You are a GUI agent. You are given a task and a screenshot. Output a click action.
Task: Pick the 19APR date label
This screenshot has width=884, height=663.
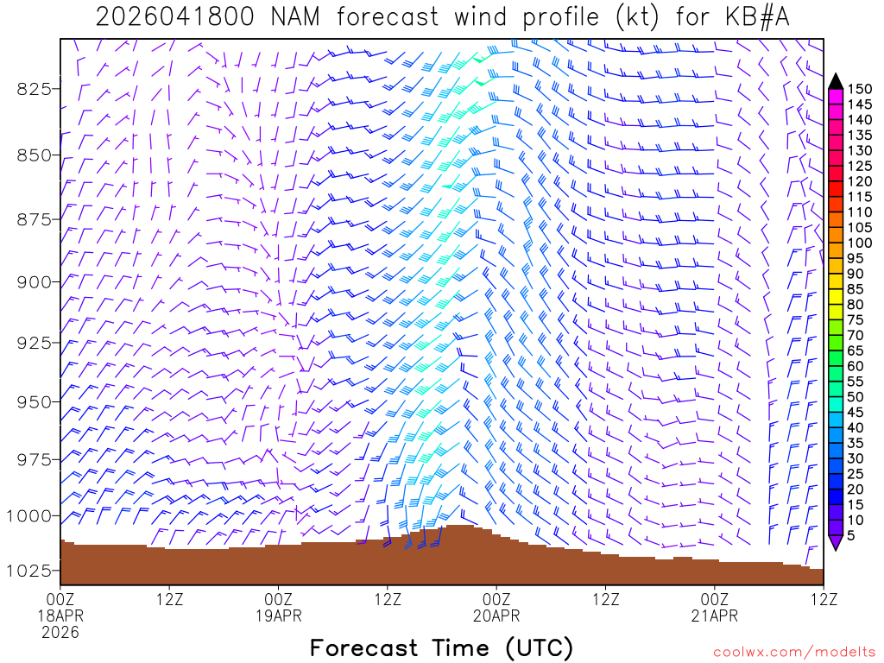[x=279, y=616]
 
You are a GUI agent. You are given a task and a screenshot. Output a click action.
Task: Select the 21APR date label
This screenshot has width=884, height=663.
[x=716, y=616]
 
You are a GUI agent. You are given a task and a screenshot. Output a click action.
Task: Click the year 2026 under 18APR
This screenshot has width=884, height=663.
[x=60, y=633]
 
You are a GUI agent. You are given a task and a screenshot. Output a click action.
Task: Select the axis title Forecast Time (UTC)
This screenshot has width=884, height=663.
[x=441, y=647]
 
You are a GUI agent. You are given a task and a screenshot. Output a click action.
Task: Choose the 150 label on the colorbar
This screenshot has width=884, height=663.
[x=860, y=89]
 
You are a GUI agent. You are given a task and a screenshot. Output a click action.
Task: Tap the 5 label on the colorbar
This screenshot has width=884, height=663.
[x=852, y=535]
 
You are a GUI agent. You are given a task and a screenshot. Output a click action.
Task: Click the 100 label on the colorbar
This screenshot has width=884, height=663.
[x=860, y=243]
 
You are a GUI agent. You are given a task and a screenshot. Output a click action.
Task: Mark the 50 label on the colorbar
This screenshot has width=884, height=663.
[x=856, y=397]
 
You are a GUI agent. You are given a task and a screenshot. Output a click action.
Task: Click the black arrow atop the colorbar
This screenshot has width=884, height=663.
[x=836, y=81]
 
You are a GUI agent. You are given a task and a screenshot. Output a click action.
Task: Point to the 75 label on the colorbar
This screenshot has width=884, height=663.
[x=856, y=319]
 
